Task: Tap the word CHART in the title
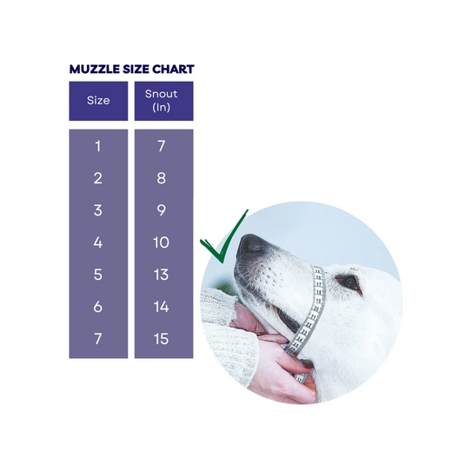(x=173, y=70)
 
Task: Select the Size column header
(x=98, y=101)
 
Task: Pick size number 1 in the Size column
(x=98, y=146)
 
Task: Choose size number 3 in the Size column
(x=98, y=210)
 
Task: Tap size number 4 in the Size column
(x=98, y=243)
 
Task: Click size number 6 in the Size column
(x=98, y=307)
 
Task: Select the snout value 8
(x=161, y=178)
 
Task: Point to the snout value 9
(x=161, y=210)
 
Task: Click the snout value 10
(x=161, y=243)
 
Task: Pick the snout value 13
(x=161, y=275)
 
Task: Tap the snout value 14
(x=161, y=307)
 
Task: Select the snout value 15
(x=161, y=339)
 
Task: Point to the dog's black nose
(x=249, y=246)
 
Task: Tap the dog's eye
(x=349, y=282)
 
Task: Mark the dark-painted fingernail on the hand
(x=306, y=363)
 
